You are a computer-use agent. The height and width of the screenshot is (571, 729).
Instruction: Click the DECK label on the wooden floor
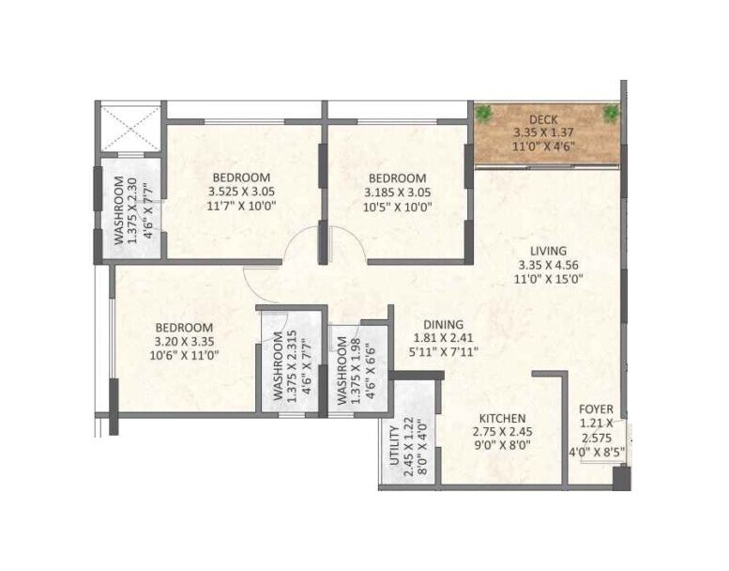545,119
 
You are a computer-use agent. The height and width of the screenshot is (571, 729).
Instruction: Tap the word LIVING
548,251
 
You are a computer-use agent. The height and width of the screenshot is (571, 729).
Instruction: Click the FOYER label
596,409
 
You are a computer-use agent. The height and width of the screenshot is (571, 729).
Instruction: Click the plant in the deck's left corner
484,115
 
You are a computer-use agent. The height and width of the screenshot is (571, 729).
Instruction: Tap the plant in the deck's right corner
610,114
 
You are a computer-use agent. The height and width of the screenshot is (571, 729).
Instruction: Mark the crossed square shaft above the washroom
129,126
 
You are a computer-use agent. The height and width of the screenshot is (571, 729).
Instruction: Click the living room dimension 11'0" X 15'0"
548,278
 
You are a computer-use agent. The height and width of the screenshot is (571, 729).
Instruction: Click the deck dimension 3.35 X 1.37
545,132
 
